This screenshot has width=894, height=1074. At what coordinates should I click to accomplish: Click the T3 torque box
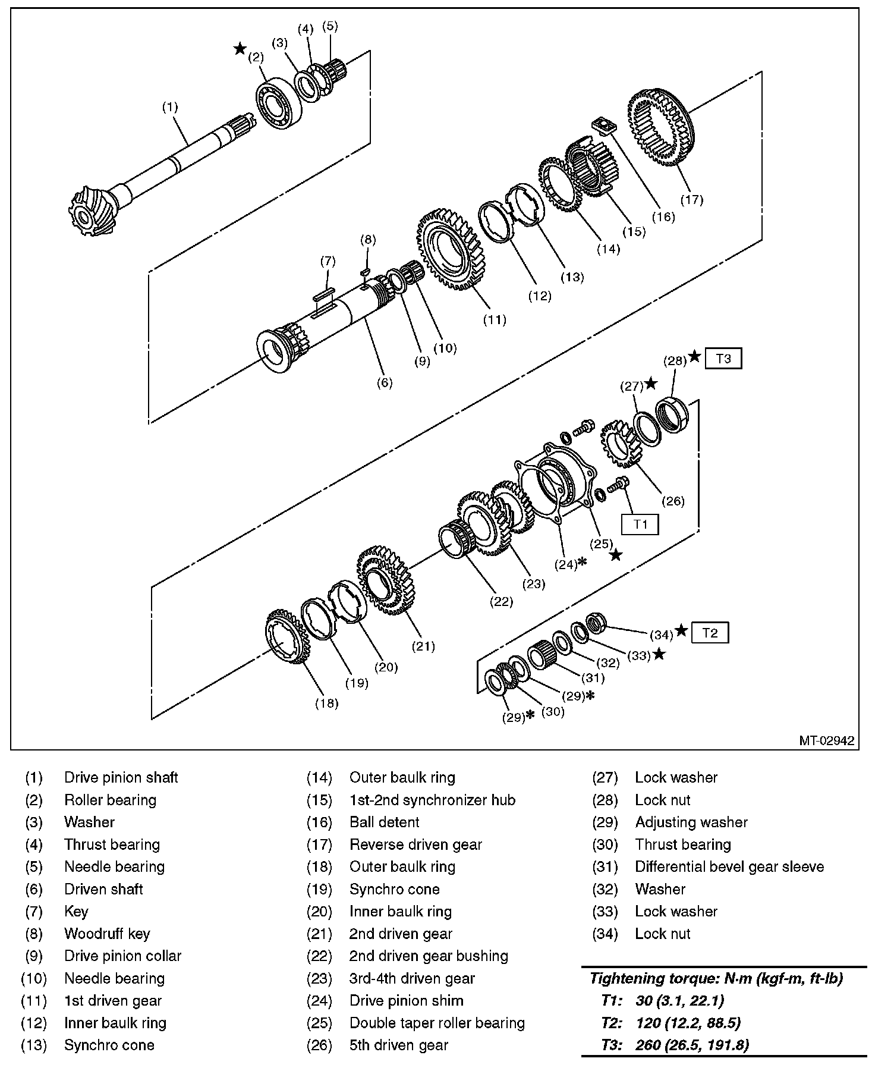pos(723,359)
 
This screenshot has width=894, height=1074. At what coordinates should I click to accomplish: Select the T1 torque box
pos(640,524)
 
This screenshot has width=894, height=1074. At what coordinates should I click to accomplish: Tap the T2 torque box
pos(710,632)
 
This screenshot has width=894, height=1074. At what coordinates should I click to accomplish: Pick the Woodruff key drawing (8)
pos(366,271)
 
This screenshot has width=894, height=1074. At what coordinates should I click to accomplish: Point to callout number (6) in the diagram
pos(385,382)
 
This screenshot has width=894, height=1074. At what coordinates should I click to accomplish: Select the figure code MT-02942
pos(826,740)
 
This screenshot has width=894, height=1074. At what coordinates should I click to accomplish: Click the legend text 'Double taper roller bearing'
pos(437,1023)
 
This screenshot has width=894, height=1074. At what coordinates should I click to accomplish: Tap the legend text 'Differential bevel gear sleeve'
pos(729,866)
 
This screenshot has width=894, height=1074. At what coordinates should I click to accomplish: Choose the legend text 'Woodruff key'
pos(107,934)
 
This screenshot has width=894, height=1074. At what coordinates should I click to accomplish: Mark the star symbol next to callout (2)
pos(240,49)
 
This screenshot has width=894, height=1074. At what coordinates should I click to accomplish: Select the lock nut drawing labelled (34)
pos(597,623)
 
